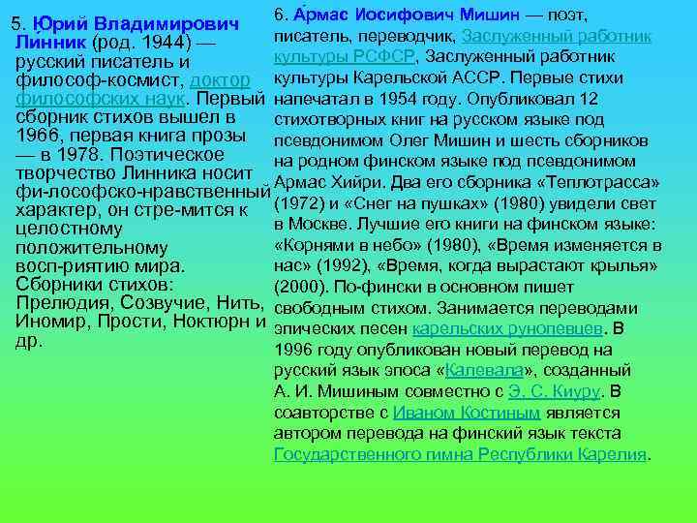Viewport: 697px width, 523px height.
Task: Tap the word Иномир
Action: tap(53, 322)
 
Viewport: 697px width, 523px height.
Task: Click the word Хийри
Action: tap(364, 183)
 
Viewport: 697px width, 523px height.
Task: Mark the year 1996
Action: tap(295, 350)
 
